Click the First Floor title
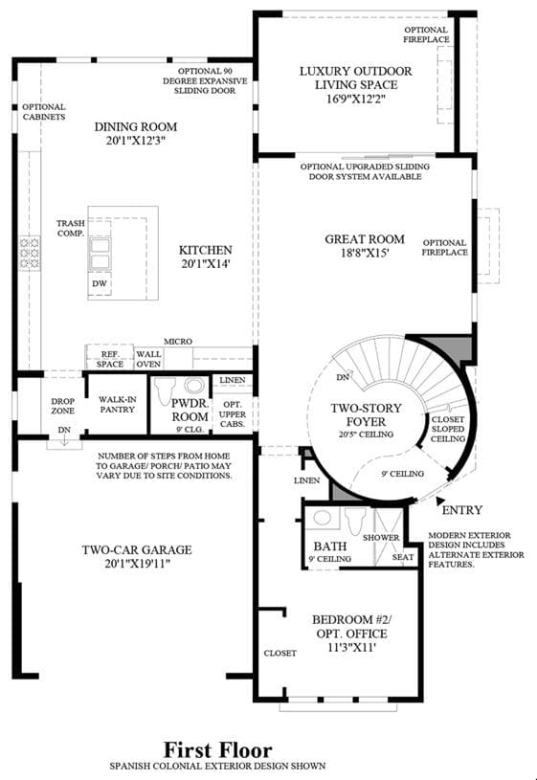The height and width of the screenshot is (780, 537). (x=218, y=750)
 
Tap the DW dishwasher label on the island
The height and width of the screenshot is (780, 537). (x=100, y=283)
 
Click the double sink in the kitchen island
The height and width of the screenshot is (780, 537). (x=101, y=255)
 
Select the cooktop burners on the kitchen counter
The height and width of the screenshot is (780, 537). (x=30, y=254)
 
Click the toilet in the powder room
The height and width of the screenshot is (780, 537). (x=166, y=390)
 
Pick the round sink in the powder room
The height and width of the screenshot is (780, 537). (x=194, y=386)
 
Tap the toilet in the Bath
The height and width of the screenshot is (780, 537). (x=355, y=521)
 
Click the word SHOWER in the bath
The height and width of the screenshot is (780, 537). (x=381, y=538)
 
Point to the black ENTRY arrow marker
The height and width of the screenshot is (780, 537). (x=440, y=501)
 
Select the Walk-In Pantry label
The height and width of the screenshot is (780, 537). (x=118, y=405)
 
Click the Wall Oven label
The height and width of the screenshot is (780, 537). (x=148, y=359)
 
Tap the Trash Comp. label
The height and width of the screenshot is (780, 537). (x=71, y=229)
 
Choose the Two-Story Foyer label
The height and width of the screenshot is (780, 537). (x=366, y=414)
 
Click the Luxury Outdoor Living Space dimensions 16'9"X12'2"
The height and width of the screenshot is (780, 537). (x=356, y=99)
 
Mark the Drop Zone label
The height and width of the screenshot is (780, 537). (x=63, y=406)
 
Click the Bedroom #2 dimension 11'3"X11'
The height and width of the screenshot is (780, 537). (x=351, y=648)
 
